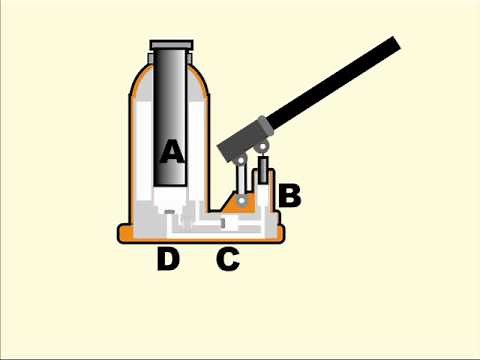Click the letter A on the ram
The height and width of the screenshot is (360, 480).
(x=173, y=152)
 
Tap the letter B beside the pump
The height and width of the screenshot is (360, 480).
(x=289, y=195)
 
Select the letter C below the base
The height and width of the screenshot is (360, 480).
(x=228, y=260)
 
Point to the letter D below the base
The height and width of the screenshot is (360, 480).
(x=168, y=260)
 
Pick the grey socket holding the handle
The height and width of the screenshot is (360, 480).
(x=245, y=140)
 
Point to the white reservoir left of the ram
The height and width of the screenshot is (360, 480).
(x=144, y=150)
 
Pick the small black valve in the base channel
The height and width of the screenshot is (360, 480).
(x=223, y=222)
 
